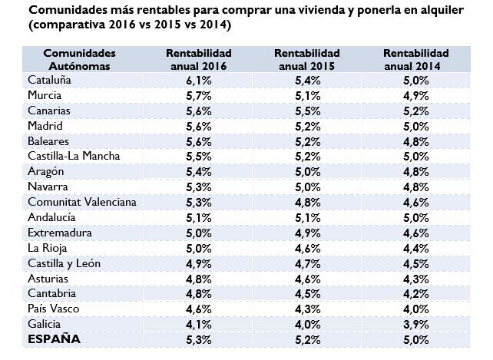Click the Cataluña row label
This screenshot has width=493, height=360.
49,81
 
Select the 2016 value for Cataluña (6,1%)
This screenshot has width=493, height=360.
199,81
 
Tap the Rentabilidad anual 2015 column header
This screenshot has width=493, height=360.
307,59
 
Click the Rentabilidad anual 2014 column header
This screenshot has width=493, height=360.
415,59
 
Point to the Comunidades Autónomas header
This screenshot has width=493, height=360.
80,59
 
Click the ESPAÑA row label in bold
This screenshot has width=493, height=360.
55,339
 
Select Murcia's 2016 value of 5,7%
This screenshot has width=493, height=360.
199,96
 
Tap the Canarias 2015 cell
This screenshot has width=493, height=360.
307,111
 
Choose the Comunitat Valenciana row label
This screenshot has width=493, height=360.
82,202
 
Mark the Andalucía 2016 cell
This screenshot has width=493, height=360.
199,217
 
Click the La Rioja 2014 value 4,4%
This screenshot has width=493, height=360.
415,248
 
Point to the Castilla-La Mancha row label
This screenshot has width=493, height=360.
74,157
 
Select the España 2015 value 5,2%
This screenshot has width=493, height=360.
307,339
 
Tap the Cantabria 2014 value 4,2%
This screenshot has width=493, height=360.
415,293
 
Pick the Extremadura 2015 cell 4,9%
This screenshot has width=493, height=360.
307,233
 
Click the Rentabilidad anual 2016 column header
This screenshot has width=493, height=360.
199,59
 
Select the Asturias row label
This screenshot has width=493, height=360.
48,278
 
